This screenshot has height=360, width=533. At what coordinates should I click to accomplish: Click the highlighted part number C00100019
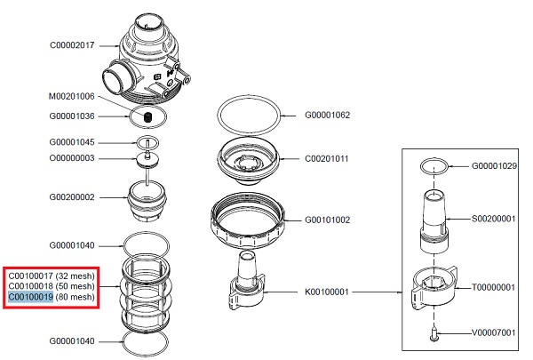[31, 298]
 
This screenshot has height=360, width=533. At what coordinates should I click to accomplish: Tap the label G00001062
[328, 114]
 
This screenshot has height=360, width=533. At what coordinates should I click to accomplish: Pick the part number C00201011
[328, 159]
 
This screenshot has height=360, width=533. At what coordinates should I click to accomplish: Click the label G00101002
[328, 219]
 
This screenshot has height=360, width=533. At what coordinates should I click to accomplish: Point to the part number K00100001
[328, 290]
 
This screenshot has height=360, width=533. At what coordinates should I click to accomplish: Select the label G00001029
[494, 166]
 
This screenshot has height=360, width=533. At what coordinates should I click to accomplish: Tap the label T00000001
[494, 287]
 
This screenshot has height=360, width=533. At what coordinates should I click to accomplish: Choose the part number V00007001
[494, 334]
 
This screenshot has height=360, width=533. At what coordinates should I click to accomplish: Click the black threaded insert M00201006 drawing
[148, 116]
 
